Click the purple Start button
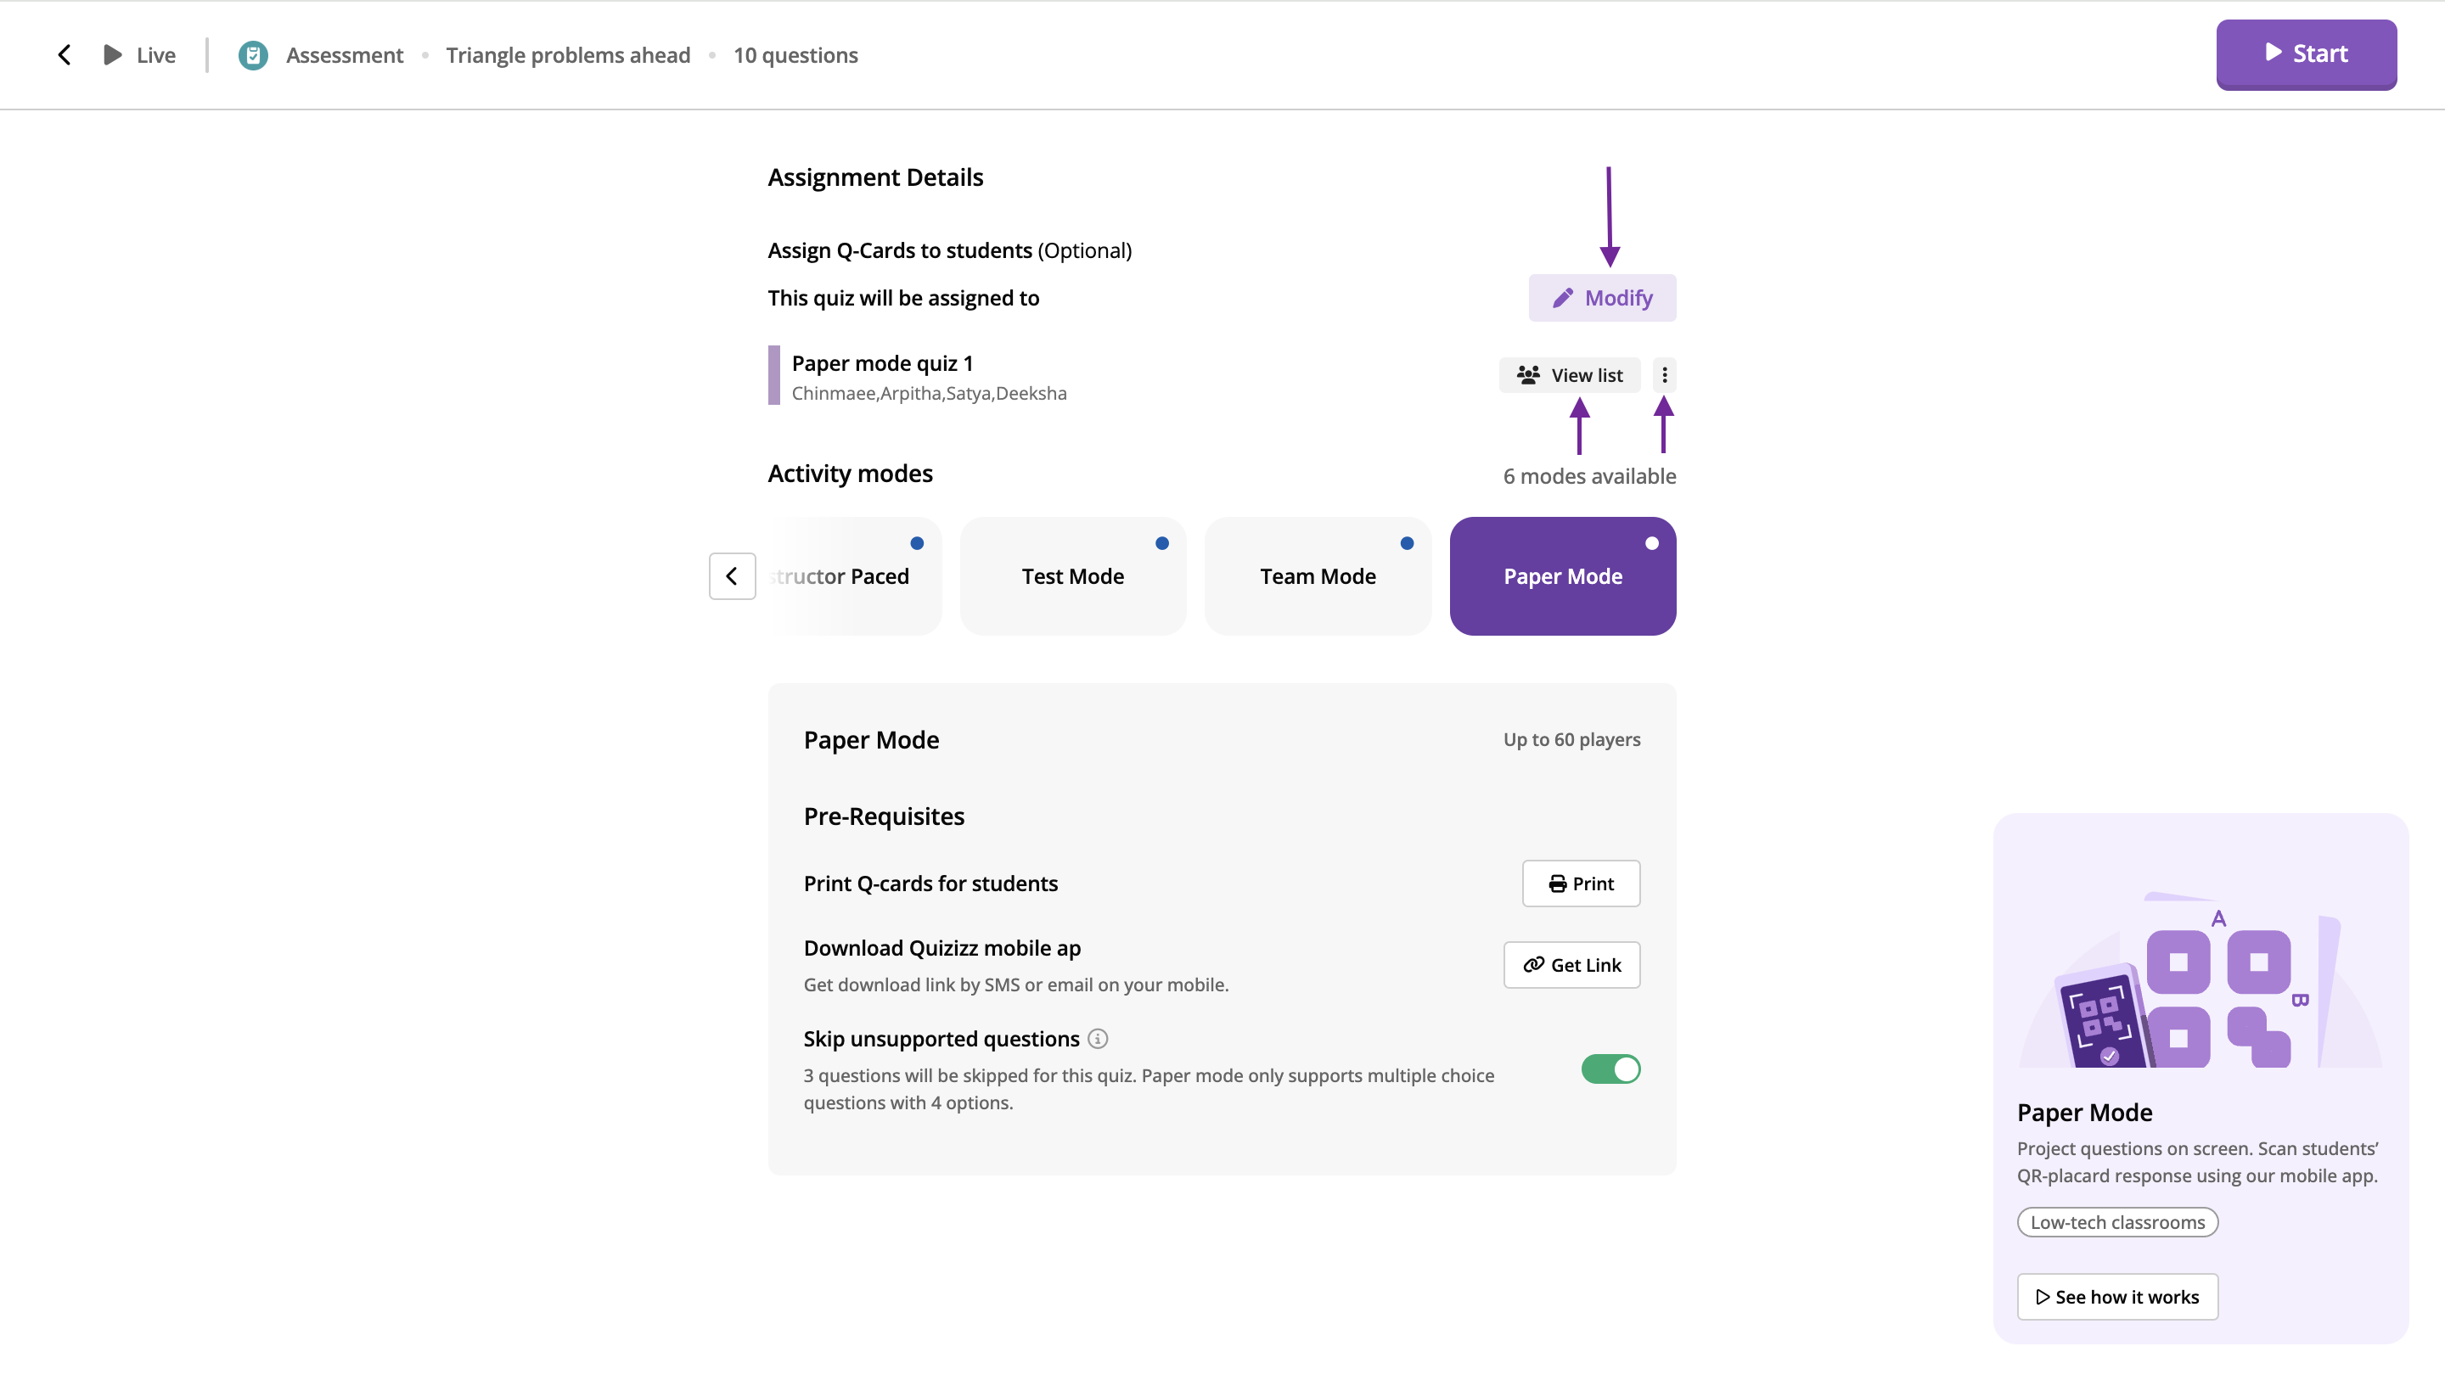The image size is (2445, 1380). pyautogui.click(x=2306, y=54)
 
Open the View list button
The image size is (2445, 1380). pyautogui.click(x=1569, y=375)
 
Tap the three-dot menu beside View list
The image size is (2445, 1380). pyautogui.click(x=1664, y=375)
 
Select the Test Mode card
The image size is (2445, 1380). pyautogui.click(x=1072, y=576)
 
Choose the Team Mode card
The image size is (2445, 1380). pyautogui.click(x=1318, y=576)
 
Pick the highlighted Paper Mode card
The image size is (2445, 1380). pyautogui.click(x=1562, y=576)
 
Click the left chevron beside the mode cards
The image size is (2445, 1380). pyautogui.click(x=732, y=576)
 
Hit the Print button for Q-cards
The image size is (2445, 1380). pyautogui.click(x=1580, y=884)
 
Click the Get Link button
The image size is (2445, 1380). pyautogui.click(x=1571, y=964)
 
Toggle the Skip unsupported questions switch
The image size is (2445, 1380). pyautogui.click(x=1610, y=1069)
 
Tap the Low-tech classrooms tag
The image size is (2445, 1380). pyautogui.click(x=2116, y=1222)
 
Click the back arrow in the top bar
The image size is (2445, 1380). pyautogui.click(x=65, y=55)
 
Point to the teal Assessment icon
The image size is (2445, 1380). pyautogui.click(x=252, y=55)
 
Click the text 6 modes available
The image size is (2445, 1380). pyautogui.click(x=1589, y=476)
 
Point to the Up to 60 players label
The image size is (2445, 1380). pyautogui.click(x=1571, y=739)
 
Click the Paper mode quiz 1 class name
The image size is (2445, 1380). pyautogui.click(x=882, y=363)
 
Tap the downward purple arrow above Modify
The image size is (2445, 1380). pyautogui.click(x=1609, y=216)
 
